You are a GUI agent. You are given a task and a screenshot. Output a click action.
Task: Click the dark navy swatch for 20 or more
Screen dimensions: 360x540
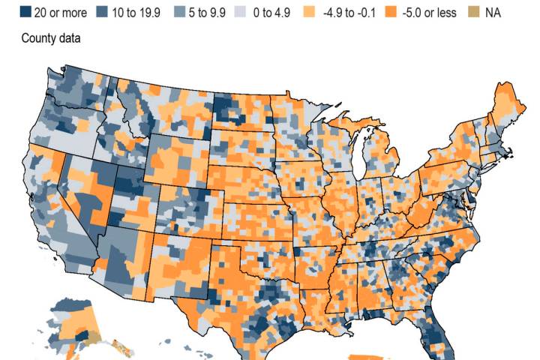(25, 13)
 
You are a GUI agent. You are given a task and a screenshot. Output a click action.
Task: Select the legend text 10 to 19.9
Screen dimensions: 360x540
(140, 13)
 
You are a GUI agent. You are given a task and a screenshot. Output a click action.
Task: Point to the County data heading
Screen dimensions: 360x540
(50, 37)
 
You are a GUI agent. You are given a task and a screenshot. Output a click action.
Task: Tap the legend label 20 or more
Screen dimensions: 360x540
(60, 13)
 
